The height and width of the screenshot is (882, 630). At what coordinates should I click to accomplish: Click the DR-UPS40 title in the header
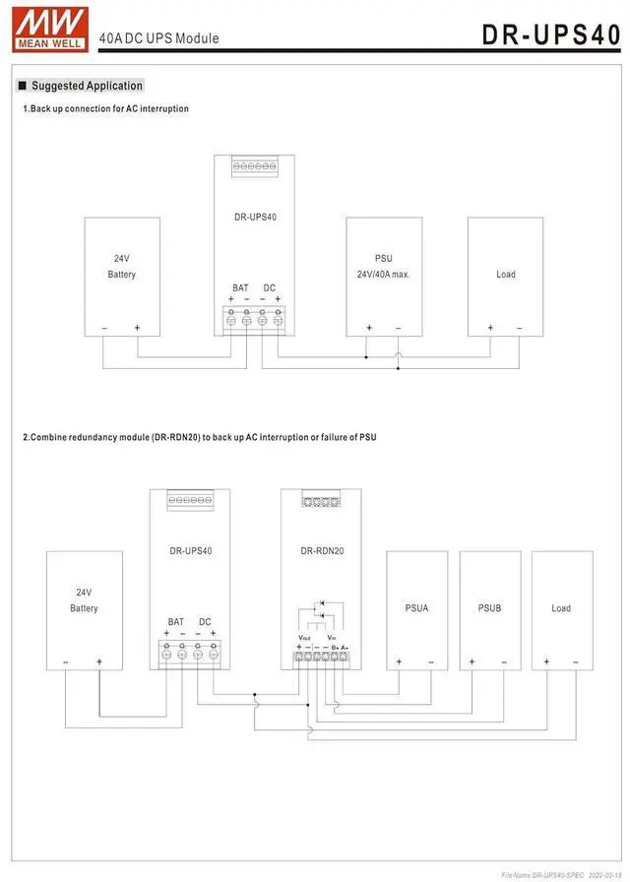tap(550, 34)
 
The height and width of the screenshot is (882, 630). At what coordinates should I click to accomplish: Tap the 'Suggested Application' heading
tap(87, 86)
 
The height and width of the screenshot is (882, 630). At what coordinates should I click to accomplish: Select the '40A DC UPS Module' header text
tap(158, 38)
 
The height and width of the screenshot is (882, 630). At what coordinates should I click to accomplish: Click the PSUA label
tap(416, 608)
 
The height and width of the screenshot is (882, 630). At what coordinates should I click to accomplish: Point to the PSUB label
tap(489, 608)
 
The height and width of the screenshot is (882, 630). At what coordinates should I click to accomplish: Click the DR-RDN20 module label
tap(322, 551)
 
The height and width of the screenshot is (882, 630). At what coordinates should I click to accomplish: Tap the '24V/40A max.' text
tap(384, 275)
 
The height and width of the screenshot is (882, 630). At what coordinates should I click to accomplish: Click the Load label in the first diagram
tap(505, 275)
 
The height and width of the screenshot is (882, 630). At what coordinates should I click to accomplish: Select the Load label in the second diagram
tap(561, 608)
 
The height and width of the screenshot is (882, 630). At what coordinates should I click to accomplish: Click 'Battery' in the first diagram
tap(122, 275)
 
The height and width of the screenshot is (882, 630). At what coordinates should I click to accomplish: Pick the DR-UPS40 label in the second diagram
tap(190, 551)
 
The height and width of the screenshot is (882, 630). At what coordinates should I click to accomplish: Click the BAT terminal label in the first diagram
tap(240, 287)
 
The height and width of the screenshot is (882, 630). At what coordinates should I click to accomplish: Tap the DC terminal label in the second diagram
tap(205, 622)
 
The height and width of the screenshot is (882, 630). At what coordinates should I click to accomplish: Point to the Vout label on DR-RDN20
tap(304, 638)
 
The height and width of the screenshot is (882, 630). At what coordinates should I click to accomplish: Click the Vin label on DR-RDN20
tap(333, 638)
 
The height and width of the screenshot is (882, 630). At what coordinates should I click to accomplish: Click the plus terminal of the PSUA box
tap(400, 661)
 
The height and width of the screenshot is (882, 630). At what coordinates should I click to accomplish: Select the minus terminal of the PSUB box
tap(504, 661)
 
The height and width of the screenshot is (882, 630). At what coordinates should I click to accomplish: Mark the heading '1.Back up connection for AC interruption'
tap(105, 108)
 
